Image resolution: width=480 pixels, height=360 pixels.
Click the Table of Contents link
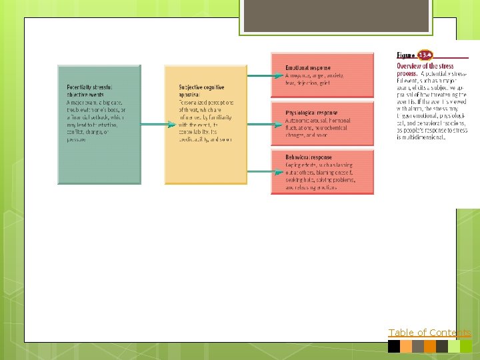coord(429,333)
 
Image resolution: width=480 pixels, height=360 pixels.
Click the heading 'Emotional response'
coord(309,68)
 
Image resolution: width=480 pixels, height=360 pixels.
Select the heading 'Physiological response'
coord(311,113)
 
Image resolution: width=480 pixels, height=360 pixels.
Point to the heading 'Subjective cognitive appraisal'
coord(201,91)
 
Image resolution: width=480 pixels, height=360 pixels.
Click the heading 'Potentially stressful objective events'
coord(89,91)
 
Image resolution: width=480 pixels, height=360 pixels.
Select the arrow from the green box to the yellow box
coord(153,123)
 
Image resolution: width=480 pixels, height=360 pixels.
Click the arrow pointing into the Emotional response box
coord(259,76)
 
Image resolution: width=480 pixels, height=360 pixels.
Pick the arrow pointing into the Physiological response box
coord(259,123)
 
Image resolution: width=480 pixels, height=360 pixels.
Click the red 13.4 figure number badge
coord(425,55)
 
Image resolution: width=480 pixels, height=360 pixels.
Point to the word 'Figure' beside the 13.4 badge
coord(406,55)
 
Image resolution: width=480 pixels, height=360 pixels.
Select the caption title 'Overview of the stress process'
coord(425,69)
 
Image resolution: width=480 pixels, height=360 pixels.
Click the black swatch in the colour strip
coord(394,347)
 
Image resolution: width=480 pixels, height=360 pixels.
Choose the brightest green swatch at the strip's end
coord(466,347)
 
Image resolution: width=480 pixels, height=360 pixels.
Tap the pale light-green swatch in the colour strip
coord(454,347)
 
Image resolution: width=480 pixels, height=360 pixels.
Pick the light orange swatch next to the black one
coord(406,347)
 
